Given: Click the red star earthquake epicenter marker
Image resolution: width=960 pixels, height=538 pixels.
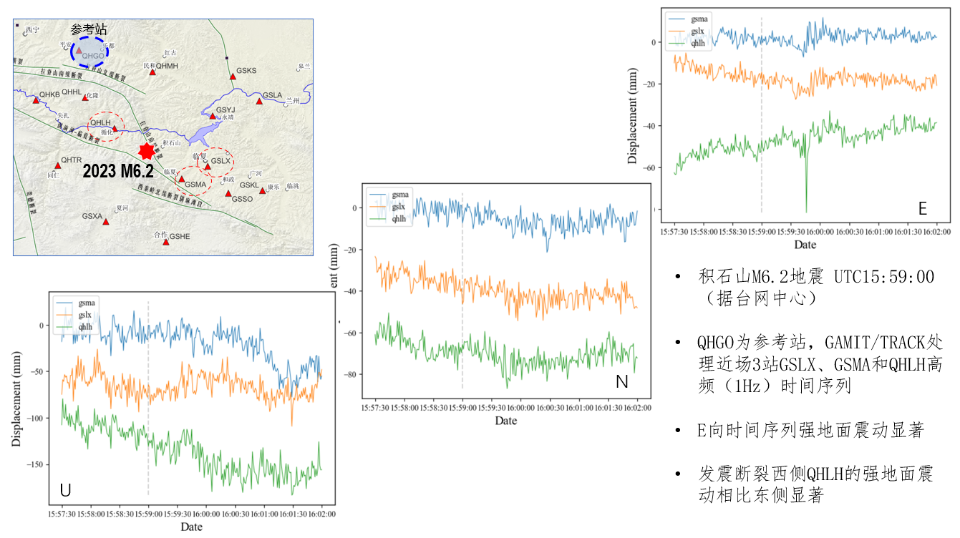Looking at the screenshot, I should pyautogui.click(x=147, y=151).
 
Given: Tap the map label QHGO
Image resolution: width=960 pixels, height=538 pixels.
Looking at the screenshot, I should pyautogui.click(x=93, y=56).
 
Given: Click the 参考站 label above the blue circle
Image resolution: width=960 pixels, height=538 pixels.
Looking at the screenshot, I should pyautogui.click(x=89, y=30).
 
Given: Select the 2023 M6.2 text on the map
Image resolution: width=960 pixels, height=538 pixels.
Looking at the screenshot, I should pyautogui.click(x=118, y=171).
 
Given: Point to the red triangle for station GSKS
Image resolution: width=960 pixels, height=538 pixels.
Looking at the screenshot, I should pyautogui.click(x=233, y=77).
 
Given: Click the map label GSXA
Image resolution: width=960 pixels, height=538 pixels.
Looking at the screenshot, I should pyautogui.click(x=92, y=215).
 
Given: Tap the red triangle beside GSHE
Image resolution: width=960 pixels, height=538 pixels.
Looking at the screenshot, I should pyautogui.click(x=166, y=242).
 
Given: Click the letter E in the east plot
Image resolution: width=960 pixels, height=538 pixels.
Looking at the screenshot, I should pyautogui.click(x=923, y=208).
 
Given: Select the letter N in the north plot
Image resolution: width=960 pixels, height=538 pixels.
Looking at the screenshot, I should pyautogui.click(x=621, y=383).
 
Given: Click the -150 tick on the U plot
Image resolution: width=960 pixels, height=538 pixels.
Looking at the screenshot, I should pyautogui.click(x=34, y=464).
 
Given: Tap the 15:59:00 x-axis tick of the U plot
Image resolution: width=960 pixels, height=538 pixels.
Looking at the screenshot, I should pyautogui.click(x=148, y=514).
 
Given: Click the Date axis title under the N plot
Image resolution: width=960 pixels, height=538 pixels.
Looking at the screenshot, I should pyautogui.click(x=506, y=421).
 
